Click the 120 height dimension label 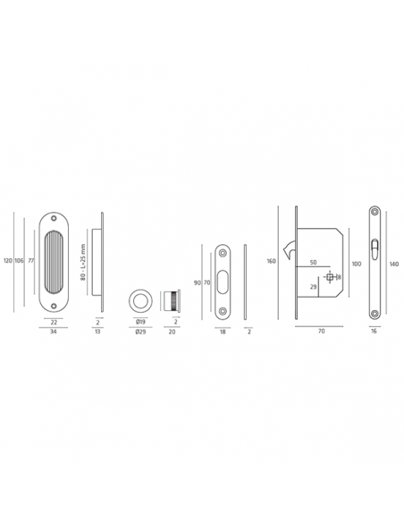(x=8, y=261)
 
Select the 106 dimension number (x=19, y=261)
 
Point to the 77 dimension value (x=29, y=261)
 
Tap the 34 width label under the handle (x=54, y=330)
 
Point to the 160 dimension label (x=271, y=262)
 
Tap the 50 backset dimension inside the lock (x=313, y=263)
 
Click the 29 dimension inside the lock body (x=312, y=286)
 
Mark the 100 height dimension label (x=357, y=264)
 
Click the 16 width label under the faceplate (x=373, y=330)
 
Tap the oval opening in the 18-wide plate (x=223, y=280)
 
